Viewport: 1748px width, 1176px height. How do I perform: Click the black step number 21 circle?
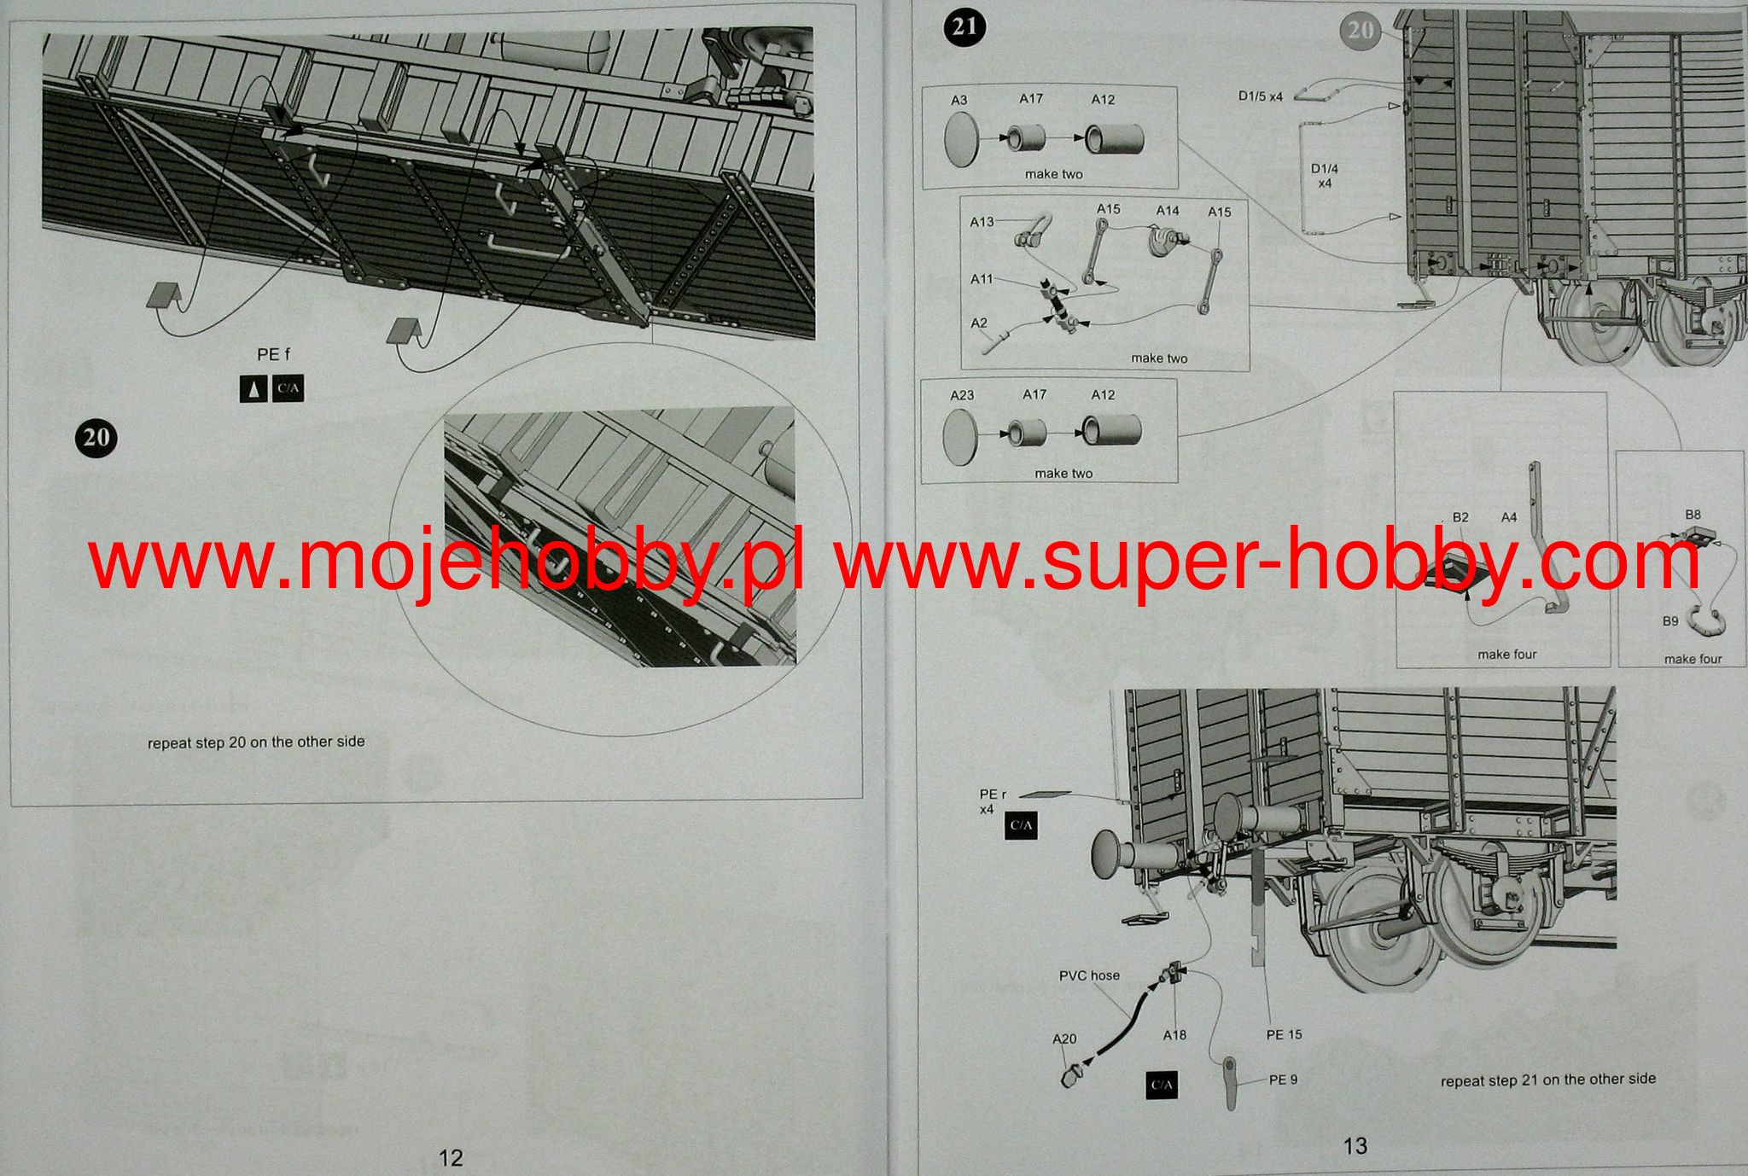pos(964,26)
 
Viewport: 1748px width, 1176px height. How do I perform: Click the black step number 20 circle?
pos(96,437)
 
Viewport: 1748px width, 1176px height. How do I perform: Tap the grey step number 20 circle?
pos(1360,30)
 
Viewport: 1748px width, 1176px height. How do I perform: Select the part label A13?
pos(982,222)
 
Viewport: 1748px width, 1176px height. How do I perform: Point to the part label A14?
pos(1168,210)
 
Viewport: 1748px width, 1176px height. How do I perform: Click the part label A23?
pos(962,395)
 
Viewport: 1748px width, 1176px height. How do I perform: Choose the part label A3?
pos(958,100)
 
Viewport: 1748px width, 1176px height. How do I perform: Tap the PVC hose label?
pos(1089,975)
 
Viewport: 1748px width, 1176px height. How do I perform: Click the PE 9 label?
pos(1283,1080)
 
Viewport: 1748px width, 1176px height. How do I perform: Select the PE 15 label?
pos(1284,1034)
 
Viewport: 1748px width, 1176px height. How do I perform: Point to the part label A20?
pos(1064,1039)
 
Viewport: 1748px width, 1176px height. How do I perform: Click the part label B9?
pos(1670,621)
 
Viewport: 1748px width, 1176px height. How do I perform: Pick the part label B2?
pos(1460,517)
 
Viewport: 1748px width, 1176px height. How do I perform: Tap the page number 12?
pos(451,1157)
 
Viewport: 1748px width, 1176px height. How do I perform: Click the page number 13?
pos(1355,1145)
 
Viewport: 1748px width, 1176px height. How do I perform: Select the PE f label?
pos(274,354)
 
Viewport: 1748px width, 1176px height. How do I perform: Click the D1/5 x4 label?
pos(1261,96)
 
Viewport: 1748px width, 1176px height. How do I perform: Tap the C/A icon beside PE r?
pos(1021,825)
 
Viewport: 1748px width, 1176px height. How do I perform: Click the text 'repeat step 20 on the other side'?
pos(256,742)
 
